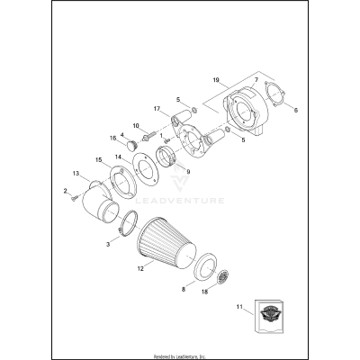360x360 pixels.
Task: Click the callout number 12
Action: (x=139, y=268)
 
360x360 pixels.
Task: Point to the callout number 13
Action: (x=76, y=173)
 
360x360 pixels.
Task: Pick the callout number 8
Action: (x=184, y=291)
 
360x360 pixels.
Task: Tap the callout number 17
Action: (x=156, y=109)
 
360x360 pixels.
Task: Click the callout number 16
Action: (x=113, y=139)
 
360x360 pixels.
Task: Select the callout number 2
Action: (x=65, y=190)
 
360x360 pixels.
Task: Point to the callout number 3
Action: (x=110, y=243)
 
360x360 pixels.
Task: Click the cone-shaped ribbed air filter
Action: (x=170, y=247)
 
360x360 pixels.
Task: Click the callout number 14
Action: (x=118, y=157)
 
